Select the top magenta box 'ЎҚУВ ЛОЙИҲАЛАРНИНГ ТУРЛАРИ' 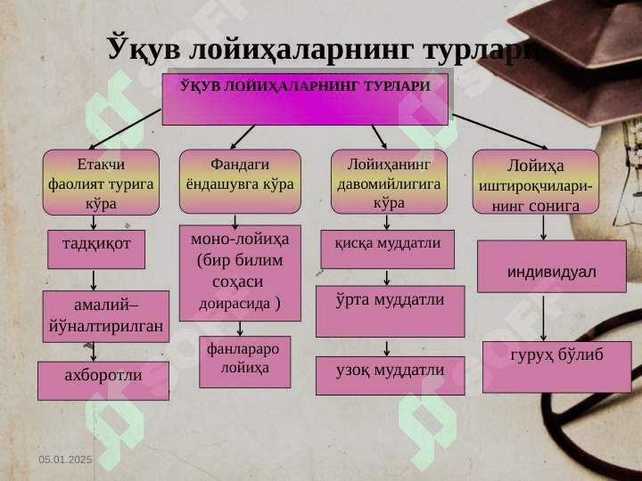(305, 99)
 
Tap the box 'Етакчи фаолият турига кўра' (102, 183)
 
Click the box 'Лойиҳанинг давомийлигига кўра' (388, 183)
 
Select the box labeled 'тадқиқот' (95, 249)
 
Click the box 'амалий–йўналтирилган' (105, 316)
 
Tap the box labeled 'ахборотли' (103, 380)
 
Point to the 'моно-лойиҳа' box (240, 273)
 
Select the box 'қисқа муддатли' (387, 249)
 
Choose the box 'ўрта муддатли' (390, 310)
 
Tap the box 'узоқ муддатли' (390, 375)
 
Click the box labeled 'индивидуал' (551, 266)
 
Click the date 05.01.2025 (65, 459)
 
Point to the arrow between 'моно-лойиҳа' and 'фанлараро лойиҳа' (241, 329)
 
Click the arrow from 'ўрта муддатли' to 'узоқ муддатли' (387, 347)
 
